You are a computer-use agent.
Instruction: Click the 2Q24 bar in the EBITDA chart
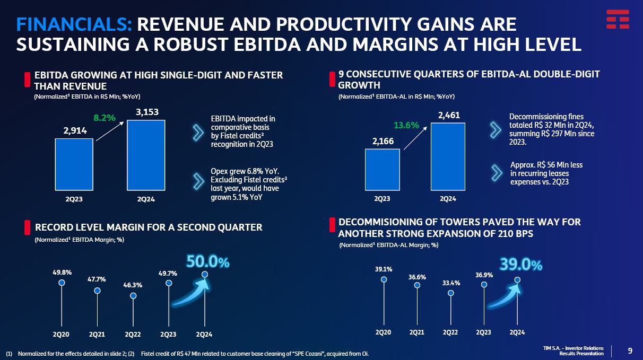[x=145, y=155]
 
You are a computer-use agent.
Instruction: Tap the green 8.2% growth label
[x=105, y=118]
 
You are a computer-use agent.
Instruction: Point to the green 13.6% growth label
[x=406, y=125]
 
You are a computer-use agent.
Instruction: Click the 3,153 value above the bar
[x=147, y=112]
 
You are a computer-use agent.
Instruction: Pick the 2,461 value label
[x=449, y=115]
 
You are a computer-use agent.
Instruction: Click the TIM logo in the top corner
[x=618, y=19]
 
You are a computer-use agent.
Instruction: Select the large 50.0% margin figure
[x=207, y=261]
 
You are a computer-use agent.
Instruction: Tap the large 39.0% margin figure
[x=520, y=265]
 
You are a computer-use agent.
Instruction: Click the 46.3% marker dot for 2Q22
[x=133, y=296]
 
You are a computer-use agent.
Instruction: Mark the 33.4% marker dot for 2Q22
[x=450, y=293]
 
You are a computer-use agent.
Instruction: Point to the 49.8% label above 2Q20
[x=62, y=272]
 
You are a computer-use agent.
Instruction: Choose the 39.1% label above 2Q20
[x=384, y=269]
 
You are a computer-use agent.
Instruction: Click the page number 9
[x=630, y=350]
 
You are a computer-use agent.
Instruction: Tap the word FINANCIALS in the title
[x=74, y=24]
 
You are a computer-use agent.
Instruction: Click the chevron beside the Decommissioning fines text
[x=496, y=129]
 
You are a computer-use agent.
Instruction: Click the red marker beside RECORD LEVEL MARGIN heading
[x=27, y=227]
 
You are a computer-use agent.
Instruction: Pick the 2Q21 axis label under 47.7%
[x=97, y=335]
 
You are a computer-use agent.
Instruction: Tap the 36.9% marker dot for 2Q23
[x=484, y=285]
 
